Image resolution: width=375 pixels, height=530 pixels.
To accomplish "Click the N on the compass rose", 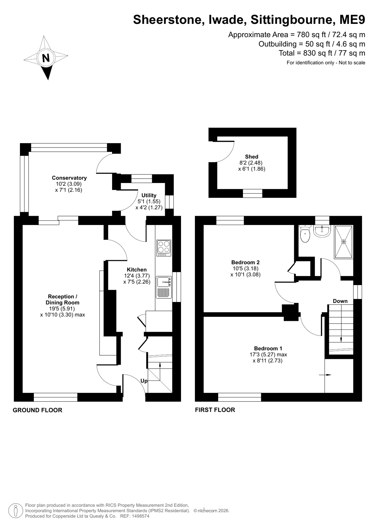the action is tap(46, 58).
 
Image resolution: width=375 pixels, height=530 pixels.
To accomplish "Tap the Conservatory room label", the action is tap(69, 178).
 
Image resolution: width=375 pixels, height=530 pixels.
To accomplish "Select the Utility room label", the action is tap(149, 195).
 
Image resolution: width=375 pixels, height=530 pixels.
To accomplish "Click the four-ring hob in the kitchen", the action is tap(163, 248).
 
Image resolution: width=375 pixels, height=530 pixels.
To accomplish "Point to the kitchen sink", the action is tap(163, 287).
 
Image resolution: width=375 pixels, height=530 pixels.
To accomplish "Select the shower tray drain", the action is tap(344, 242).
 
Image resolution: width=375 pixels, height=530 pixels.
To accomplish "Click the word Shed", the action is tap(252, 157).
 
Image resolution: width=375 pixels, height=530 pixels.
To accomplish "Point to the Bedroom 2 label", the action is tap(245, 262).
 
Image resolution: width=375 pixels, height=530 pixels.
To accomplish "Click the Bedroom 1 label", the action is tap(268, 348).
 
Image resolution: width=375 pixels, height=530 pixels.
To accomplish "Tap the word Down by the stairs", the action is tap(340, 301).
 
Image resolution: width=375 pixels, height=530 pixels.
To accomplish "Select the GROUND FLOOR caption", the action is tap(37, 410).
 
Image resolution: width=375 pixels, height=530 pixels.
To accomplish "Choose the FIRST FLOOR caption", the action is tap(215, 410).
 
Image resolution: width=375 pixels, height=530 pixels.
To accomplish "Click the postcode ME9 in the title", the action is tap(352, 20).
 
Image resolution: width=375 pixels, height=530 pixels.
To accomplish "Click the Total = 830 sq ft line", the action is tap(322, 53).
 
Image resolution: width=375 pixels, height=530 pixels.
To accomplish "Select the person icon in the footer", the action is tap(16, 510).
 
